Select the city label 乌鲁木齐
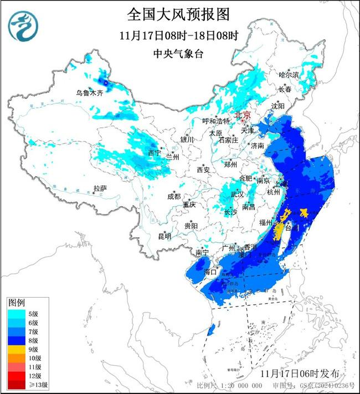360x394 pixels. [90, 93]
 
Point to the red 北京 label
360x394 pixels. [243, 115]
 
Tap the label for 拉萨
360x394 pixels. [100, 188]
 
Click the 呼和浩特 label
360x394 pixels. [215, 121]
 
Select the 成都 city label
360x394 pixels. [173, 196]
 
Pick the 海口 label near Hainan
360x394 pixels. [210, 272]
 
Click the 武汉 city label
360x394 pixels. [237, 195]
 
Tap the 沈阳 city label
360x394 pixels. [277, 105]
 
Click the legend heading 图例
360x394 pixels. [16, 303]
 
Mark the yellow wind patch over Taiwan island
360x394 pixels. [280, 231]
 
